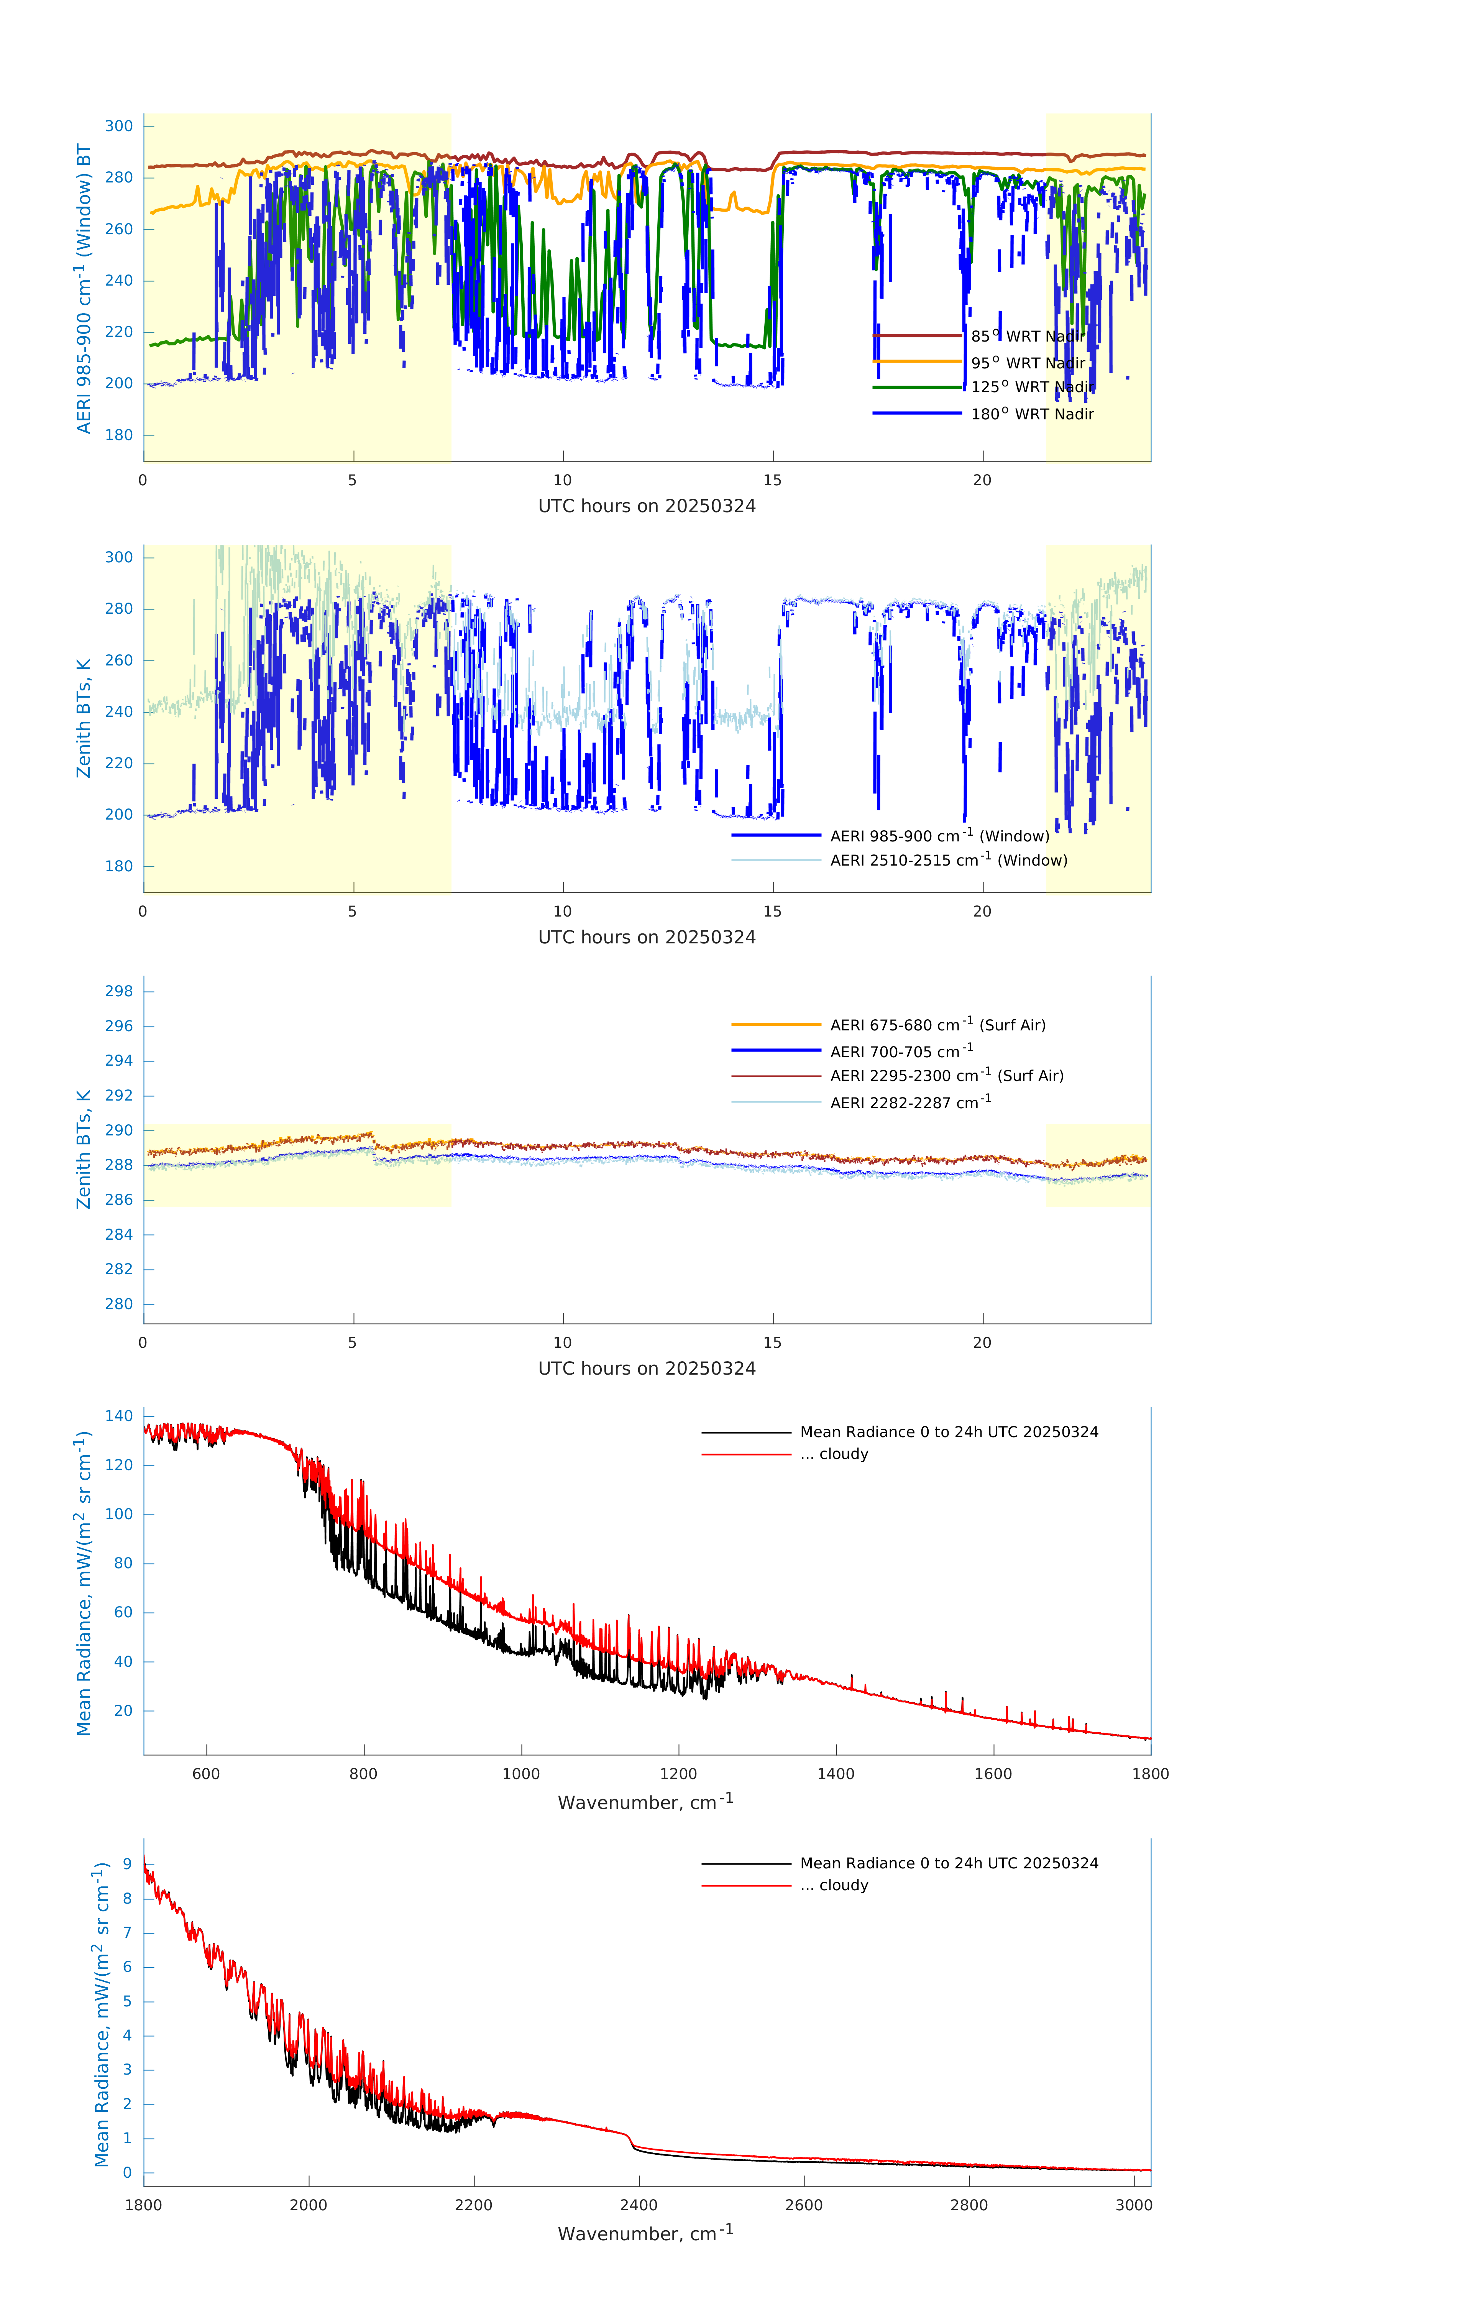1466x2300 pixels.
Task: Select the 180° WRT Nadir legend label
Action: [x=1031, y=414]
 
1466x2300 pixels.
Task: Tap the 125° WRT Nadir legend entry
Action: [x=1031, y=387]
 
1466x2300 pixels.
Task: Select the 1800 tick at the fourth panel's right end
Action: [x=1150, y=1774]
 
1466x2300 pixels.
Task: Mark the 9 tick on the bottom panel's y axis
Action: [x=127, y=1865]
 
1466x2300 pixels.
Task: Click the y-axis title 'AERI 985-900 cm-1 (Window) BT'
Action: [x=84, y=288]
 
